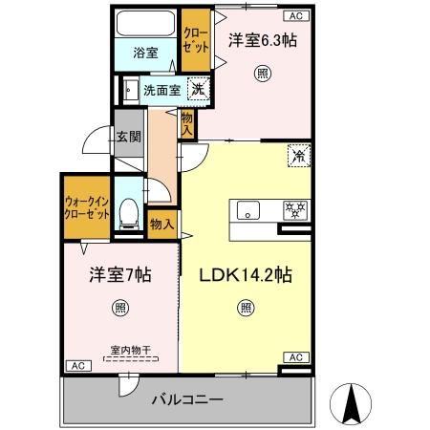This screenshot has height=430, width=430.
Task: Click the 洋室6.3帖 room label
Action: [x=262, y=40]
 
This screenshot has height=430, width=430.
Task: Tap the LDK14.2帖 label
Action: [x=245, y=275]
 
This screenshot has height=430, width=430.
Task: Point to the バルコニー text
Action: [x=188, y=399]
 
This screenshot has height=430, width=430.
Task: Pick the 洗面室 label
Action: [x=161, y=91]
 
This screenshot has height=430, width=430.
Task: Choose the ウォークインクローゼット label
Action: [x=85, y=208]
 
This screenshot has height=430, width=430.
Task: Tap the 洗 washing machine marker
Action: [x=197, y=90]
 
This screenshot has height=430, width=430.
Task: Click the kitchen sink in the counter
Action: [x=248, y=210]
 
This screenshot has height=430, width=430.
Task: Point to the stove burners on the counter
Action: [x=294, y=210]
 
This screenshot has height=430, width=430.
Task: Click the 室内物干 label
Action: [x=120, y=351]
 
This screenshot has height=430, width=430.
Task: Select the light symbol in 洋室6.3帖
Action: [x=261, y=73]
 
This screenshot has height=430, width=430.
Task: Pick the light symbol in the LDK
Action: [x=247, y=308]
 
